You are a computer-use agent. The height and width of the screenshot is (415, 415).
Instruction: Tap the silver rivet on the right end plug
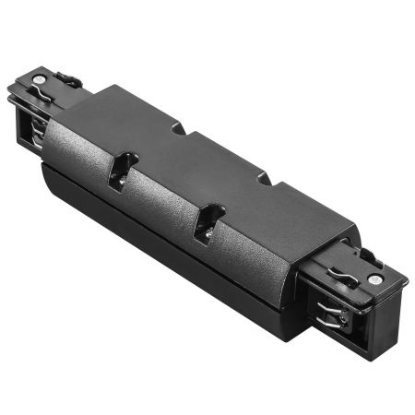[374, 278]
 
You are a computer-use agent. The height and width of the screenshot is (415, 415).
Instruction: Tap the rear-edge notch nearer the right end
[268, 178]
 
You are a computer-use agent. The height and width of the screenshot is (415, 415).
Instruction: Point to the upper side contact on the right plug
[328, 297]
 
